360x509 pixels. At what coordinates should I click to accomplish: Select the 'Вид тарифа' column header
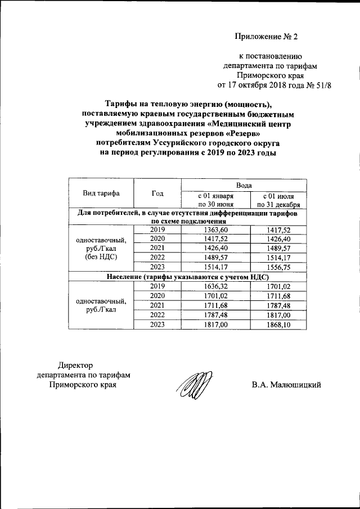[101, 193]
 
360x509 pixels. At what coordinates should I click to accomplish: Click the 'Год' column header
[157, 193]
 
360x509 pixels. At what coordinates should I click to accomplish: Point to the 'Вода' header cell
[243, 184]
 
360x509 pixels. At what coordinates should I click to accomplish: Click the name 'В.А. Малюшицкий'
[286, 385]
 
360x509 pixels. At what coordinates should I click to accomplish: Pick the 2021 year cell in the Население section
[157, 305]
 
